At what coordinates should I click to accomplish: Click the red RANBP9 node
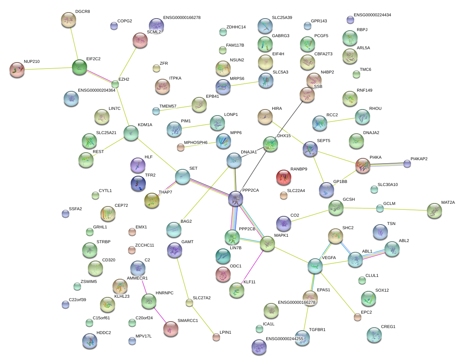coord(284,177)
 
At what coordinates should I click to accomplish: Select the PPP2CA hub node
coord(236,198)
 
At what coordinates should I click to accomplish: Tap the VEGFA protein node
coord(315,266)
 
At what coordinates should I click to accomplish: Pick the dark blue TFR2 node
coord(138,183)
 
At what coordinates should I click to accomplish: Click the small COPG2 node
coord(114,26)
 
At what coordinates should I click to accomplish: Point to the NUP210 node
coord(17,69)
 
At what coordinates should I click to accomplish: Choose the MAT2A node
coord(434,211)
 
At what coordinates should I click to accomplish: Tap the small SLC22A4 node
coord(283,195)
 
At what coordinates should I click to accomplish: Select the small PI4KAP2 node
coord(407,164)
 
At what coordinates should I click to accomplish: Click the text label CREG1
coord(388,327)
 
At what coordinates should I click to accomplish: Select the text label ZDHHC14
coord(236,27)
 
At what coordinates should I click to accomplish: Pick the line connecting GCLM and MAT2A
coord(405,209)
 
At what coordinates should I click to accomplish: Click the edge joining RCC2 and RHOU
coord(341,120)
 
